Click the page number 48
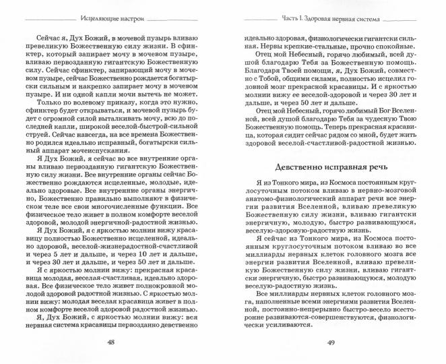click(111, 342)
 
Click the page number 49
click(334, 342)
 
